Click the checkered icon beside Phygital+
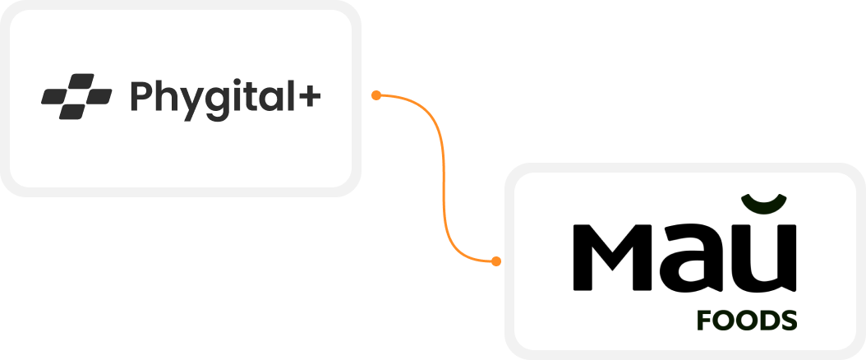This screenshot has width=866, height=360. [76, 97]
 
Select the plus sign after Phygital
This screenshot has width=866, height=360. [309, 98]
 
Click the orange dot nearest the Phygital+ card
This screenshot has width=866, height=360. [375, 95]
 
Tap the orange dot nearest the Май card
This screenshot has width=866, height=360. [495, 261]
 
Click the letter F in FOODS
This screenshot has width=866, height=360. [704, 321]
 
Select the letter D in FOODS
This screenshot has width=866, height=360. [764, 321]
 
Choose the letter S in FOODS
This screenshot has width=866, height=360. [788, 321]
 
